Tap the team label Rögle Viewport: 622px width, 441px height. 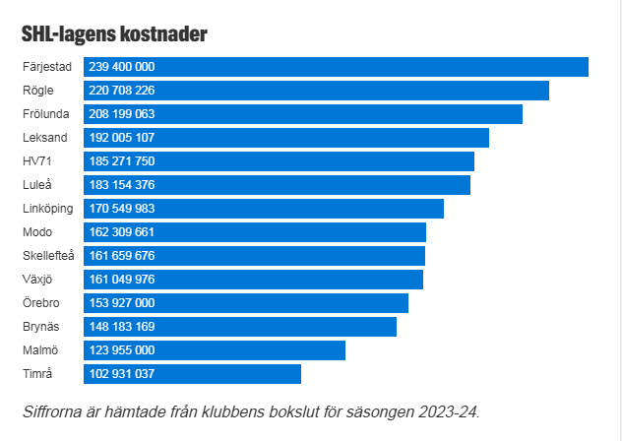coord(38,91)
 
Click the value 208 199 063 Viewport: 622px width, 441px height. coord(122,114)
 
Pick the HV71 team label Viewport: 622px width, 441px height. coord(36,161)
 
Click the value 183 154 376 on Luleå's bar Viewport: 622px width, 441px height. coord(122,185)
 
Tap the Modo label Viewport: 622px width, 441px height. coord(37,232)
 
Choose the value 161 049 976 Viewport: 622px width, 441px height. coord(122,280)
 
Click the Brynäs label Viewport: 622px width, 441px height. coord(40,327)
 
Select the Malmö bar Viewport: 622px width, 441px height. coord(256,350)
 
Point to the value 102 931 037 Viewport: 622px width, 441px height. coord(122,374)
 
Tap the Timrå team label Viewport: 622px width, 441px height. coord(37,374)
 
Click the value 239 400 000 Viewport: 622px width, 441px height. coord(122,67)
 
